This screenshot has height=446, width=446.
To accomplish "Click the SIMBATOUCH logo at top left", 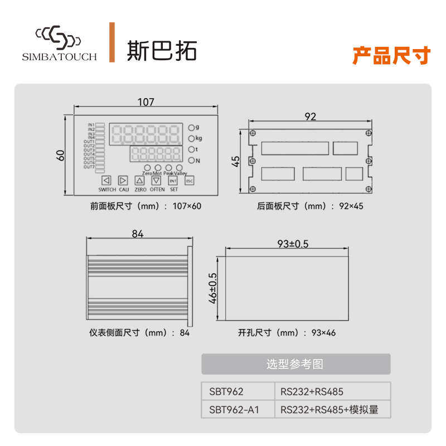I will (59, 42).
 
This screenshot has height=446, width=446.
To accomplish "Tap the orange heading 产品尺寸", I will (391, 56).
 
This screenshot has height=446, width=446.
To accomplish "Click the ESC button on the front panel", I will (189, 180).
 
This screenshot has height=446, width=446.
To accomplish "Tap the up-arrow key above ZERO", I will (139, 180).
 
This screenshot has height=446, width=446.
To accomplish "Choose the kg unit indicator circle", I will (192, 138).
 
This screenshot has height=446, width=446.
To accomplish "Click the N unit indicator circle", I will (192, 161).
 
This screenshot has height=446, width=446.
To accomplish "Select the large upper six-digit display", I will (146, 134).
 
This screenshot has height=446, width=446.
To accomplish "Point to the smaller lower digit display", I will (157, 154).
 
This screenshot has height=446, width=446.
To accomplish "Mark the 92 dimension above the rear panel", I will (311, 117).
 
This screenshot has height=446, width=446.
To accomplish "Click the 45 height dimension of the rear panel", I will (236, 161).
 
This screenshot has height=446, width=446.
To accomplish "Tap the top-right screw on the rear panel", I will (368, 132).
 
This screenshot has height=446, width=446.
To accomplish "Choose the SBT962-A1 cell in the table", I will (234, 410).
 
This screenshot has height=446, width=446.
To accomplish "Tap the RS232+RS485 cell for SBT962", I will (316, 391).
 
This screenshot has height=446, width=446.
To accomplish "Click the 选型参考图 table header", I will (295, 364).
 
